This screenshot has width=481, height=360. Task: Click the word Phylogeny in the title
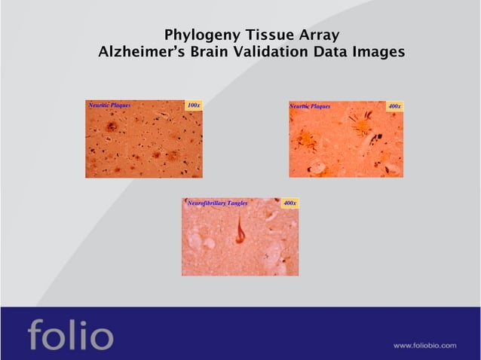tap(198, 36)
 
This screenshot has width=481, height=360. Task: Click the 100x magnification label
tap(194, 105)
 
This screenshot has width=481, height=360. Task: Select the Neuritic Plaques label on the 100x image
tap(110, 105)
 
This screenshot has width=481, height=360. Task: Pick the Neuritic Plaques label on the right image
tap(310, 106)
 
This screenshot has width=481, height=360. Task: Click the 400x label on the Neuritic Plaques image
tap(394, 106)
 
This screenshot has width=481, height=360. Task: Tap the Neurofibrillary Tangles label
tap(217, 203)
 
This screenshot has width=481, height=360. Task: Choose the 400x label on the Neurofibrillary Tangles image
tap(290, 203)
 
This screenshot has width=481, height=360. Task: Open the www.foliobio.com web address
tap(424, 345)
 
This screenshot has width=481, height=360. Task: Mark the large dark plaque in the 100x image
tap(112, 126)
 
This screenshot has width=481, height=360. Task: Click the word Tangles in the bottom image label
tap(237, 203)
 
